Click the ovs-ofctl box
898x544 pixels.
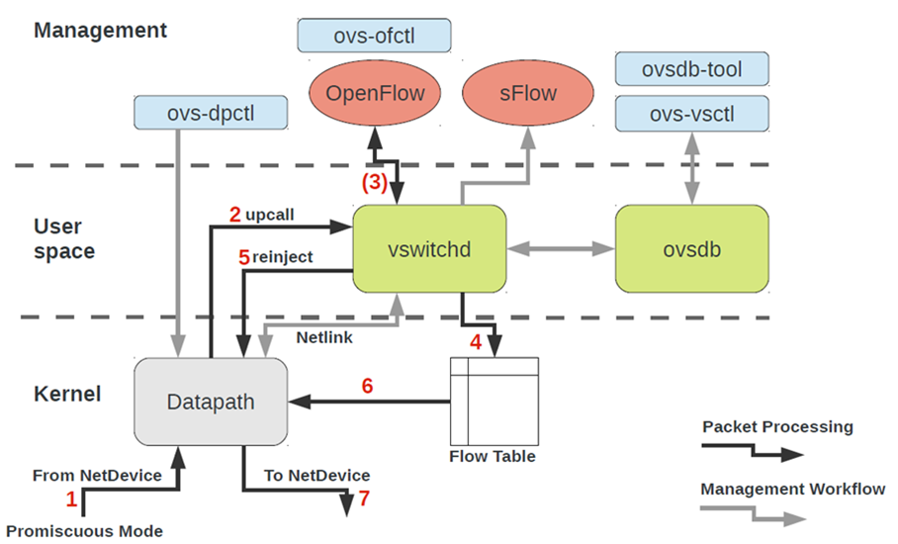374,37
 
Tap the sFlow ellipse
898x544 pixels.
527,94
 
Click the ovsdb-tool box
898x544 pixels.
691,69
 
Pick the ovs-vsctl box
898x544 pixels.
691,115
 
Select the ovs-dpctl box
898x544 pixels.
211,113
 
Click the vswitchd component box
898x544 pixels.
430,249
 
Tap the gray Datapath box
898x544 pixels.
210,402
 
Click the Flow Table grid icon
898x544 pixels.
494,402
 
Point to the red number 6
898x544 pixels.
367,386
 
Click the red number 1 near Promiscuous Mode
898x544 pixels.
70,499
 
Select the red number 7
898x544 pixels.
364,498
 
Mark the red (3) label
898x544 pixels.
374,182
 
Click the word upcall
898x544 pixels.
270,214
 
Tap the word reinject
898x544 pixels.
282,257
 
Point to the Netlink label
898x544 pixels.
324,336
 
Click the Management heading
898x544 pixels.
101,30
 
